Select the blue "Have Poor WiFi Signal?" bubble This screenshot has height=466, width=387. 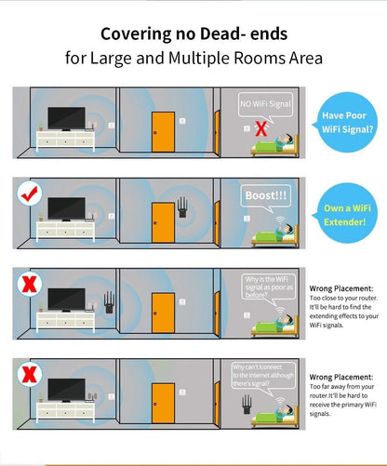pyautogui.click(x=347, y=123)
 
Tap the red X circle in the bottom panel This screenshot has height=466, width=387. pyautogui.click(x=30, y=375)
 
